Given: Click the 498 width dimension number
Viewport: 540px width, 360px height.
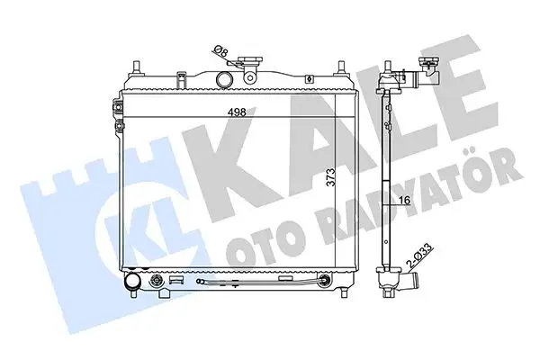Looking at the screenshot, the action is pos(237,112).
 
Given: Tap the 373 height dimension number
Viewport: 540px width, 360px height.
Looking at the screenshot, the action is pos(330,177).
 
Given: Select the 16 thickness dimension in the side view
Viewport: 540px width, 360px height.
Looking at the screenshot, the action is pos(405,200).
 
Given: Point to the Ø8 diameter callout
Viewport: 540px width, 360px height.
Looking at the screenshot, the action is pos(220,51).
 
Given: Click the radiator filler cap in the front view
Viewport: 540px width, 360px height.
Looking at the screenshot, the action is pos(252,61).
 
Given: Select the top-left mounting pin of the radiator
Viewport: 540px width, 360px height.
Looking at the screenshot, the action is pos(137,67).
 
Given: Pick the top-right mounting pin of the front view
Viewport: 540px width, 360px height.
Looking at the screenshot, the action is pos(341,67).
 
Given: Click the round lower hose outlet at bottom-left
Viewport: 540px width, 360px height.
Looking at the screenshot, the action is pos(132,281).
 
